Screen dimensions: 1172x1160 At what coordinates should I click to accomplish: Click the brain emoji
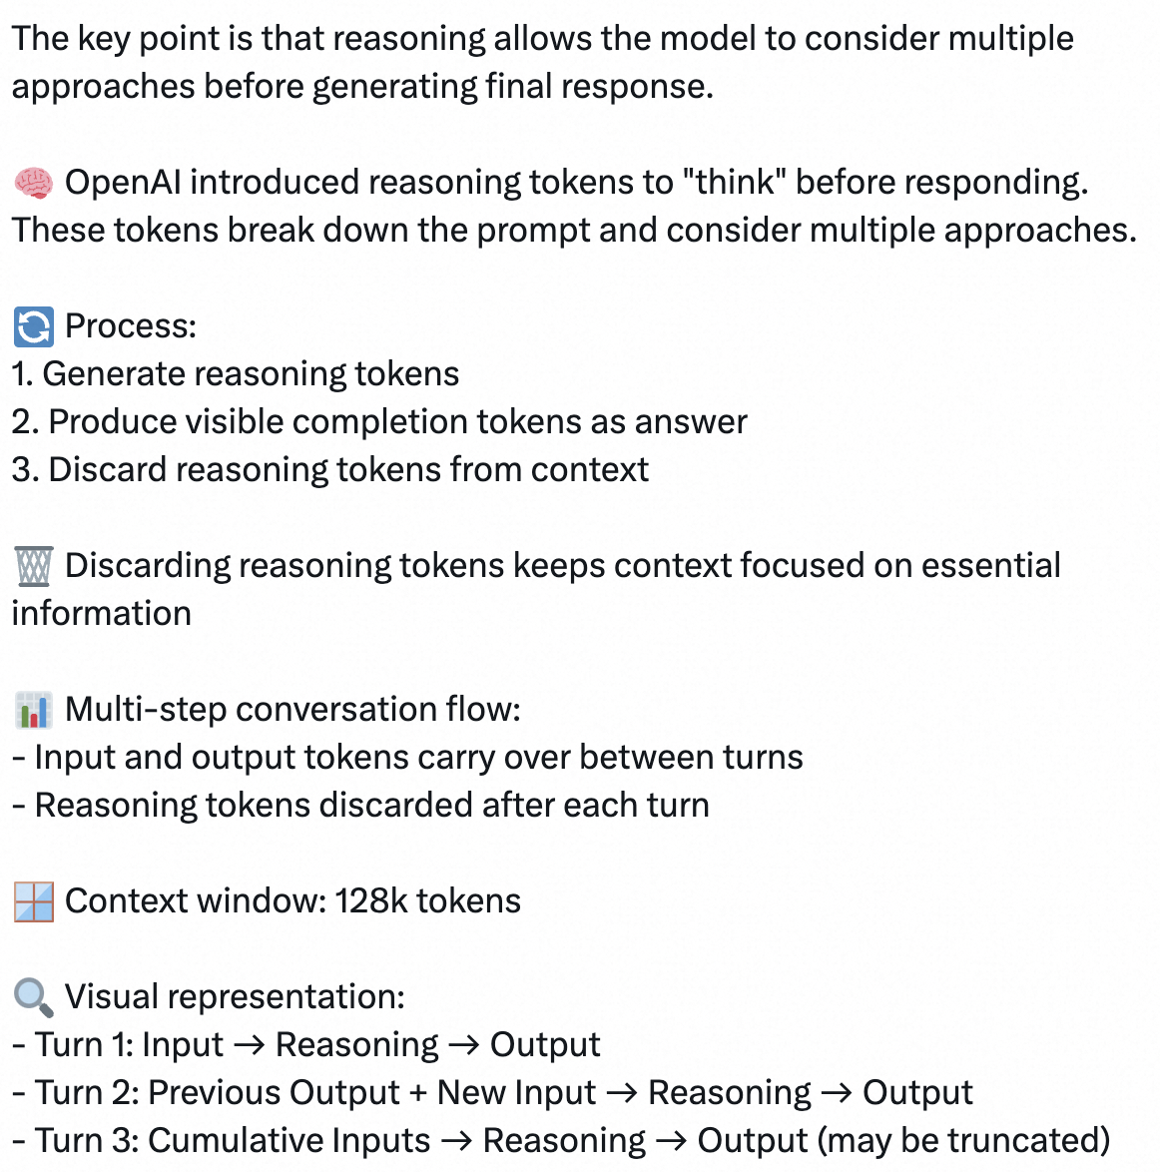tap(33, 183)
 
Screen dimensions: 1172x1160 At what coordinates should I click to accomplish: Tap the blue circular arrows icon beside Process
tap(33, 326)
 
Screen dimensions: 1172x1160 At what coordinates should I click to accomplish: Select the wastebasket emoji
tap(33, 566)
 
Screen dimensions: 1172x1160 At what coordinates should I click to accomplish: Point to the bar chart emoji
tap(33, 710)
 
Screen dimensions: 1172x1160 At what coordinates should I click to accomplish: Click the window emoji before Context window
tap(33, 901)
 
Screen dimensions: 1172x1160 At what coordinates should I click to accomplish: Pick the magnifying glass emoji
tap(33, 997)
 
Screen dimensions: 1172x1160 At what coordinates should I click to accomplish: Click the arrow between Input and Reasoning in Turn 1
tap(249, 1045)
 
